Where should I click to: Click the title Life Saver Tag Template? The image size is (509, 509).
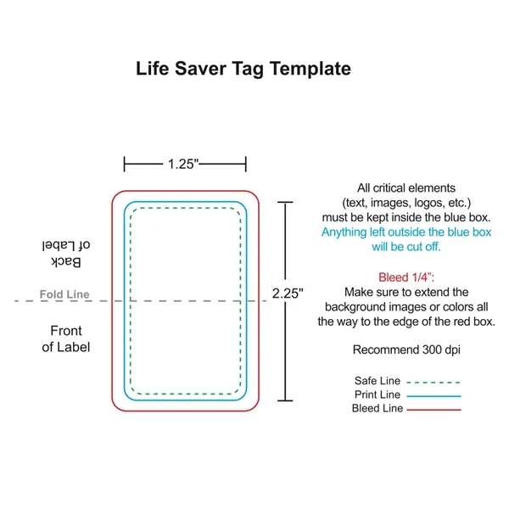243,69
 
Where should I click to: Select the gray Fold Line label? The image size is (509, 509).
64,295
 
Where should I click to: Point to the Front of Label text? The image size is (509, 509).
66,338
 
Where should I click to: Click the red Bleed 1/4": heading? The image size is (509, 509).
406,277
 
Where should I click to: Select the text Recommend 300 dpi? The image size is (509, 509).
406,350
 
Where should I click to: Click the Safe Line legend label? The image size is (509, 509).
377,380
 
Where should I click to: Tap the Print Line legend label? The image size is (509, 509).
377,394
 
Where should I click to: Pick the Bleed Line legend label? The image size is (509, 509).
376,409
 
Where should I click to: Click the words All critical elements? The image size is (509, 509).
406,187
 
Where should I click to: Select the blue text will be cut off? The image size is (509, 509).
406,247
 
